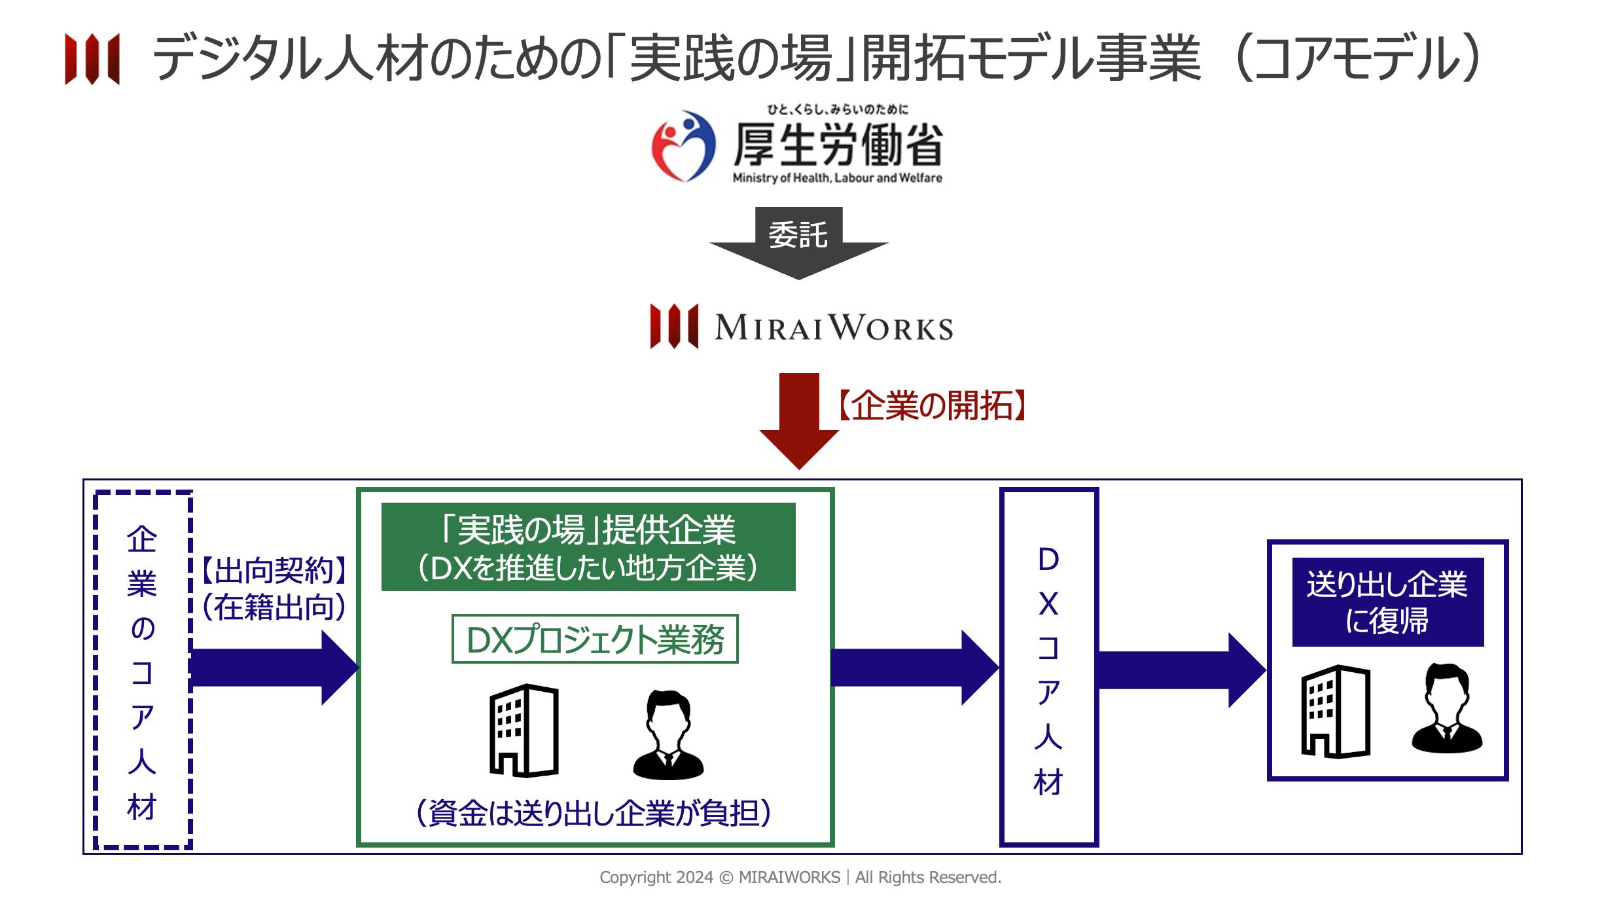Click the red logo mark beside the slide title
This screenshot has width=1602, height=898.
tap(92, 59)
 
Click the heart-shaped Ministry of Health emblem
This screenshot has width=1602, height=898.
tap(683, 146)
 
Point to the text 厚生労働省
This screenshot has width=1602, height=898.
tap(838, 145)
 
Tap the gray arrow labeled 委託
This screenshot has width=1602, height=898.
tap(798, 242)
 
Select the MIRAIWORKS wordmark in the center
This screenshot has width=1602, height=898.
tap(834, 327)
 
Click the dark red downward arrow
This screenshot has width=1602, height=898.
tap(799, 419)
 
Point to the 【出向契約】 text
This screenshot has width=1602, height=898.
tap(274, 570)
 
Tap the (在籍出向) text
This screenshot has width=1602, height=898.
tap(274, 607)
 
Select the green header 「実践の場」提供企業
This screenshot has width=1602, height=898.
tap(588, 547)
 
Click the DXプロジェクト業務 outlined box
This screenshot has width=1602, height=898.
tap(595, 639)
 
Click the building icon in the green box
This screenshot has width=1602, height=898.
tap(524, 730)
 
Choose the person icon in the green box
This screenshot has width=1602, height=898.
tap(668, 734)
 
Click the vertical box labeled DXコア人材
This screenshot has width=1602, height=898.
tap(1048, 668)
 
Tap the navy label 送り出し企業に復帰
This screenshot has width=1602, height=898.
tap(1387, 602)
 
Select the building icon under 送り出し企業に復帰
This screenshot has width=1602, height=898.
tap(1335, 711)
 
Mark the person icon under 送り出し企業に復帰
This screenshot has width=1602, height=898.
tap(1447, 708)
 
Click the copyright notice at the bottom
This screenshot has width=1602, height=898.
tap(800, 877)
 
